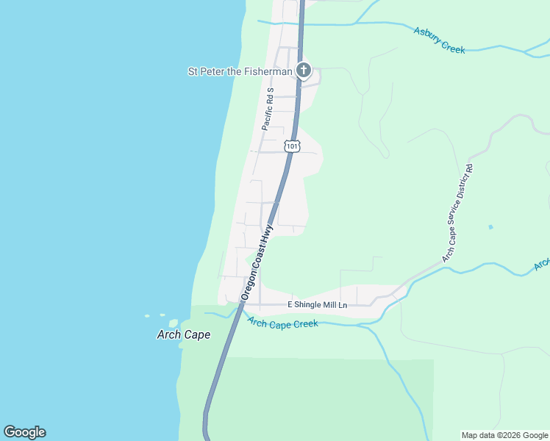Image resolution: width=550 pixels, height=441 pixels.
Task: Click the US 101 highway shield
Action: coord(293,146)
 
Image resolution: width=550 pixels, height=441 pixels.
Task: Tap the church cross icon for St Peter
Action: coord(303,71)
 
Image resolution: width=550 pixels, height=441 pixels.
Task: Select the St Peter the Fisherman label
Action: coord(240,71)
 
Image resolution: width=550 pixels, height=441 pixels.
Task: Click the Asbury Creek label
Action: coord(439,40)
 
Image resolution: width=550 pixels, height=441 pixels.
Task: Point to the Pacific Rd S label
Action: coord(268,109)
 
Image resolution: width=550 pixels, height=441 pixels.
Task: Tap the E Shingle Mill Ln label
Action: coord(316,304)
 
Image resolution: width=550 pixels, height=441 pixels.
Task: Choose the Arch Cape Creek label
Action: coord(282,323)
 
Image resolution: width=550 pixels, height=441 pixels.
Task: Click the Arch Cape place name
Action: coord(184,335)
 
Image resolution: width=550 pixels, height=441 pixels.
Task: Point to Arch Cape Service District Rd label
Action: coord(457,214)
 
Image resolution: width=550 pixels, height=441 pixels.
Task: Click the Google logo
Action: coord(24,432)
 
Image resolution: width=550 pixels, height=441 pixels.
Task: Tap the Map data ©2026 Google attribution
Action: coord(505,435)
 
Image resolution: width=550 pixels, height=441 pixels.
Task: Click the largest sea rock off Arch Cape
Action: coord(174,323)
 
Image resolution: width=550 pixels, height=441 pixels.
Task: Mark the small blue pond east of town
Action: coord(490,227)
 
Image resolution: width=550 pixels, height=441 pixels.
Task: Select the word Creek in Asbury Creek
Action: coord(453,46)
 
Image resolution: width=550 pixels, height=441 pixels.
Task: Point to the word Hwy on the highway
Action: coord(269,232)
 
